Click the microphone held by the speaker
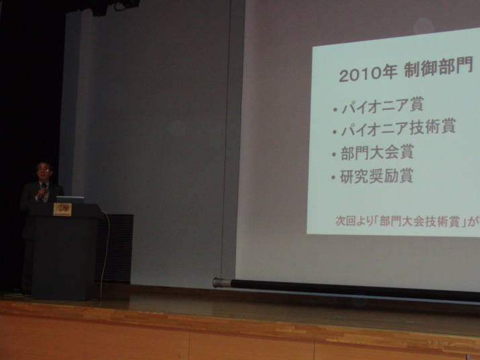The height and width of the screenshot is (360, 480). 44,187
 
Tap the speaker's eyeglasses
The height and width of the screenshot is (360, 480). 44,169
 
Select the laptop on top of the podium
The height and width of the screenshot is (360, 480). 70,199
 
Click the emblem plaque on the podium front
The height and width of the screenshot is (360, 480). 63,210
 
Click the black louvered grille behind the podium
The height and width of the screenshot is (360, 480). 114,248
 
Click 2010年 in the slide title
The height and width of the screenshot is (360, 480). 368,74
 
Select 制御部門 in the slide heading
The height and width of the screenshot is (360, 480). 438,69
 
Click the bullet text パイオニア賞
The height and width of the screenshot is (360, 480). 383,105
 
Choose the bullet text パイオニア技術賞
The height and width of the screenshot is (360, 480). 398,127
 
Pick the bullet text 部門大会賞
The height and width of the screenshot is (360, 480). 377,152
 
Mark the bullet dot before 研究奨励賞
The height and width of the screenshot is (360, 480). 333,177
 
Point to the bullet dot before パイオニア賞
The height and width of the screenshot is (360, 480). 335,109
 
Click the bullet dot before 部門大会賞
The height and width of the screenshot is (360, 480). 334,154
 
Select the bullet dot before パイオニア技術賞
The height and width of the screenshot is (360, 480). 335,132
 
